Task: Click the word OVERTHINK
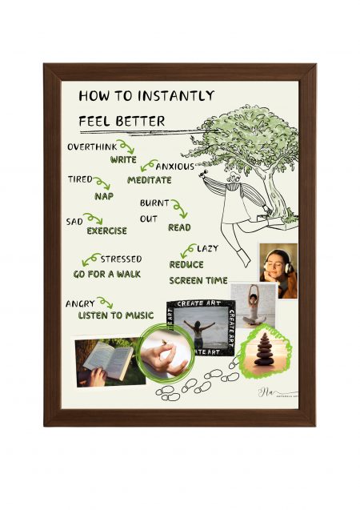91,147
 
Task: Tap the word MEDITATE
149,179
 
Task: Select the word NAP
103,195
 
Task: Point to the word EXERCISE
106,231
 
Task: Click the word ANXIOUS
174,166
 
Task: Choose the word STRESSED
121,259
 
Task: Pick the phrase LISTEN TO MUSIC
115,315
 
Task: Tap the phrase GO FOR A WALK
106,274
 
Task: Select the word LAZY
206,248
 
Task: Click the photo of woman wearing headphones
278,271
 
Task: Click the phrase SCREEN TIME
198,280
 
